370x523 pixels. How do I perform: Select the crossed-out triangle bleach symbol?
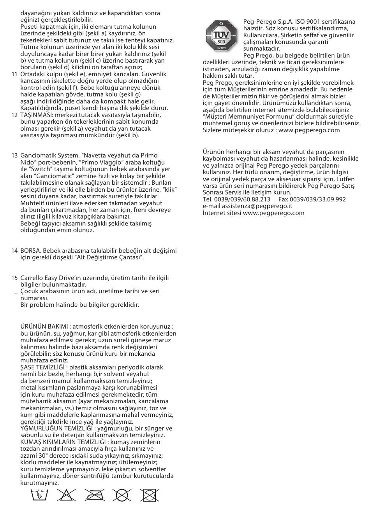66,495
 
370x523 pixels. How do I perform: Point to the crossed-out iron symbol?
94,495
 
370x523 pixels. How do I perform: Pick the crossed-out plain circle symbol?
122,495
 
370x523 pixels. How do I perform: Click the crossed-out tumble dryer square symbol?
150,495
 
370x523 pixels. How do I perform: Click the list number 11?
14,74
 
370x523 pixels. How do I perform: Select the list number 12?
14,115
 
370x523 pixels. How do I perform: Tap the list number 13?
14,156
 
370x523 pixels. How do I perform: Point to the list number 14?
14,251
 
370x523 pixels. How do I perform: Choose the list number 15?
14,278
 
